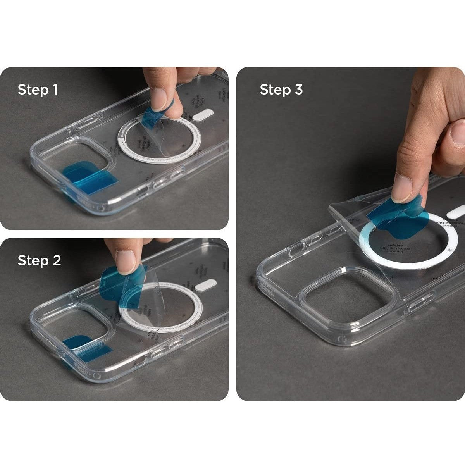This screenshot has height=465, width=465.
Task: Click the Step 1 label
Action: click(38, 90)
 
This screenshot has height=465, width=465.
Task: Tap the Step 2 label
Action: click(39, 260)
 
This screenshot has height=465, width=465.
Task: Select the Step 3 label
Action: click(281, 90)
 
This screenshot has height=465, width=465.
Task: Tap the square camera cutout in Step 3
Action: click(347, 298)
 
